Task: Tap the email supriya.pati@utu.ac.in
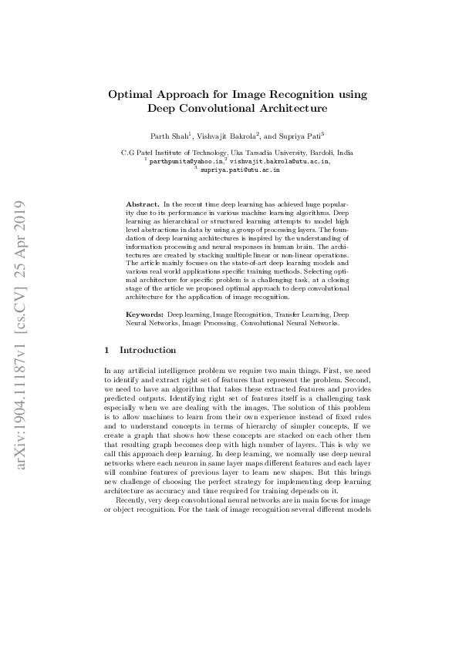coord(240,170)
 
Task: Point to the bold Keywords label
coord(143,315)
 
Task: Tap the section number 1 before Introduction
coord(106,350)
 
